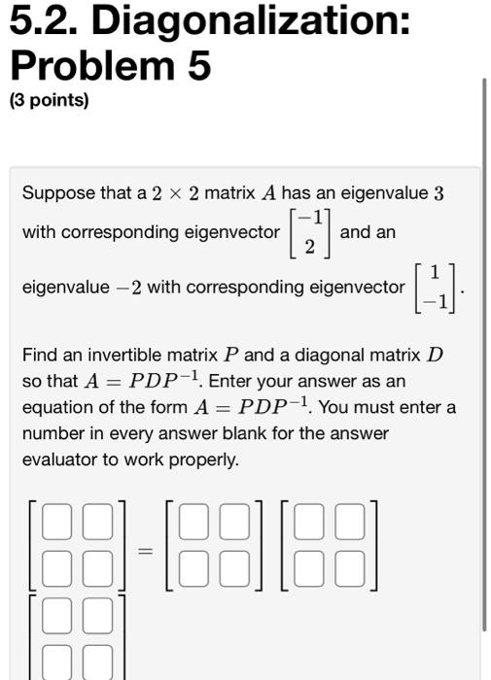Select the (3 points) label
click(x=49, y=100)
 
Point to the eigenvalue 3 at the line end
click(x=438, y=193)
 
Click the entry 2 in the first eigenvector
click(x=309, y=246)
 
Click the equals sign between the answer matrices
click(x=145, y=551)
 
